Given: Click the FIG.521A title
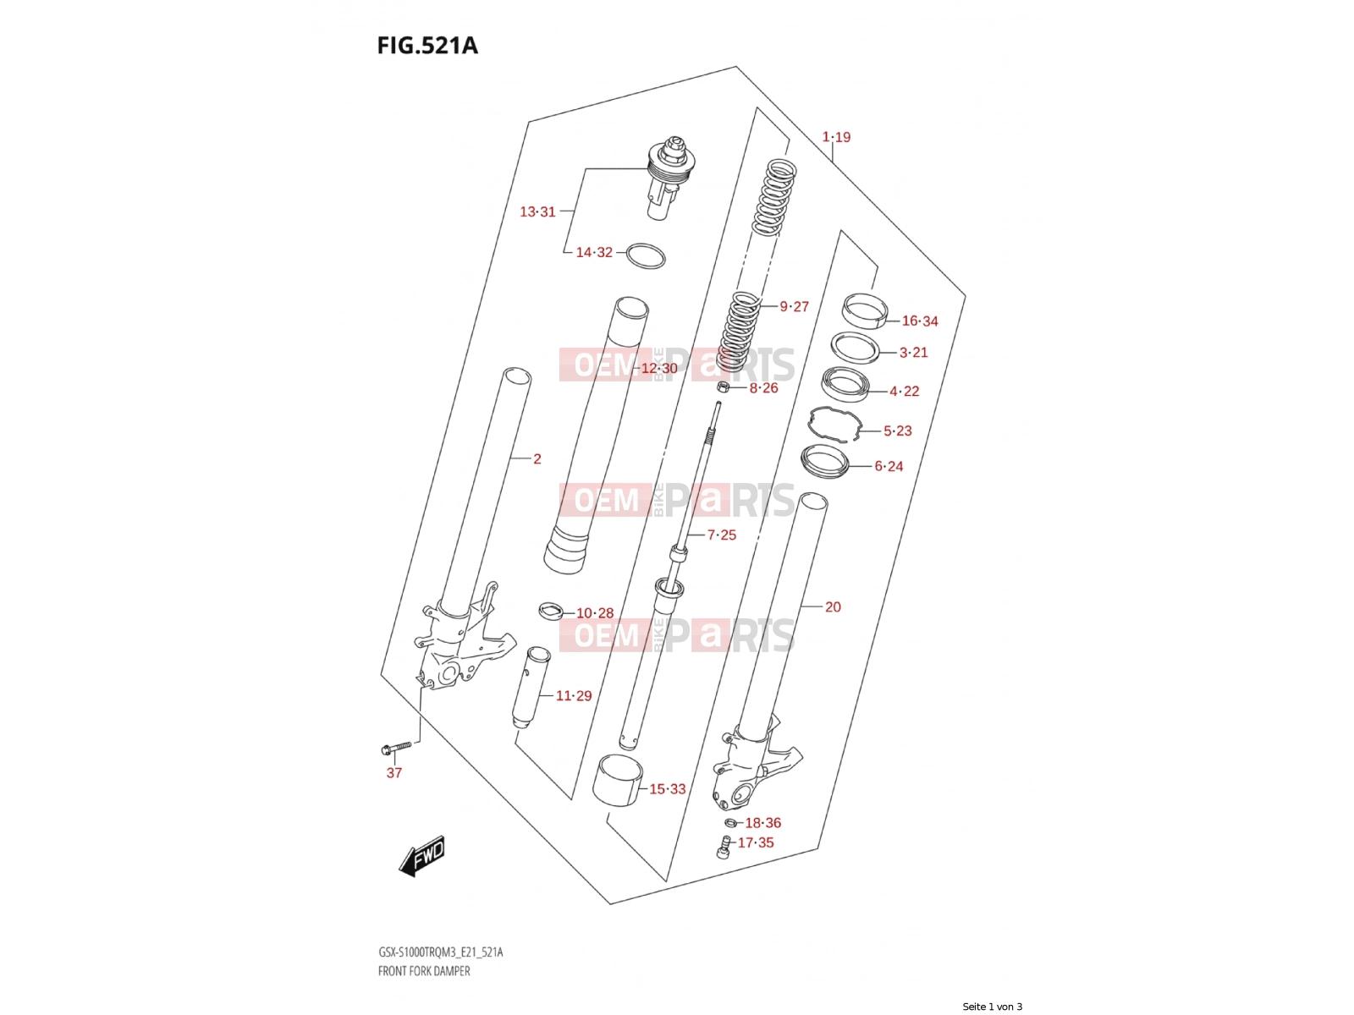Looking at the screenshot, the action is point(427,46).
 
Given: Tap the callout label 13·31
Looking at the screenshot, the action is point(537,212).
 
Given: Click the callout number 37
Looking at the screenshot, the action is point(394,773).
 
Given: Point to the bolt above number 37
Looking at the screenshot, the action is point(396,749).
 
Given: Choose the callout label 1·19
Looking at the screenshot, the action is point(836,137).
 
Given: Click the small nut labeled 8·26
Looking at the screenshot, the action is point(724,387).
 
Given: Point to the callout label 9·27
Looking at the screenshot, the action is point(794,306).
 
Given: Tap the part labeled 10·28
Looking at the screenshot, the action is point(550,611).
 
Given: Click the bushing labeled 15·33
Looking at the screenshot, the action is point(618,781).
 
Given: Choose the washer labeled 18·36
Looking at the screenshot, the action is point(730,822).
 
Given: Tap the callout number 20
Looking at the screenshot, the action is point(833,607).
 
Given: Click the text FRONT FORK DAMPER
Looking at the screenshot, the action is point(424,971).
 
